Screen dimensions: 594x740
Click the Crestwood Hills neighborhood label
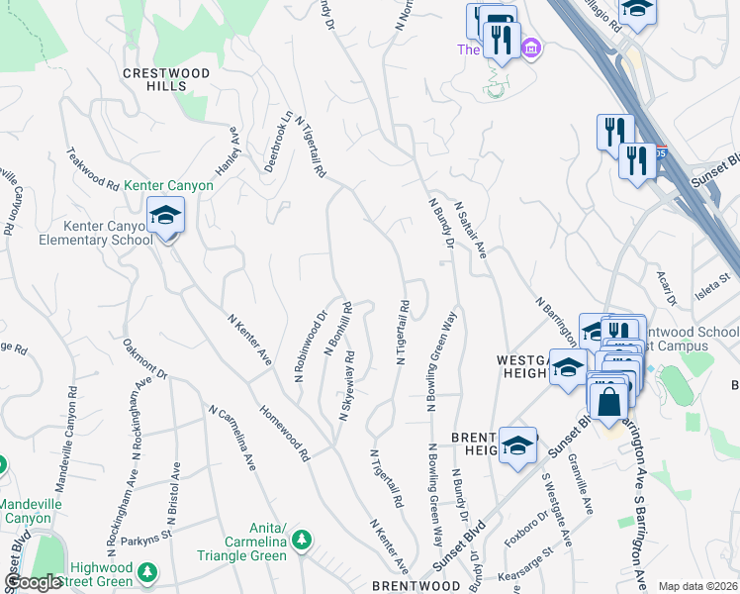tap(166, 79)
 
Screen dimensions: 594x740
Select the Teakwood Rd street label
tap(92, 169)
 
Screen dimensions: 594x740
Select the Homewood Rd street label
tap(284, 433)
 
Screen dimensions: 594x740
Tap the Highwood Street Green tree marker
tap(146, 572)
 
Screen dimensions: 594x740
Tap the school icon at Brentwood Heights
tap(518, 446)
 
